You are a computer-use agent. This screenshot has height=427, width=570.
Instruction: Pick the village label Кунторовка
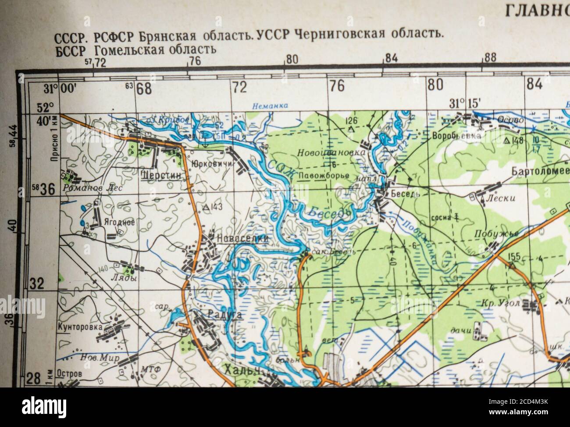click(x=80, y=327)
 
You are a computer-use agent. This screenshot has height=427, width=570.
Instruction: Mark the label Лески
click(x=506, y=198)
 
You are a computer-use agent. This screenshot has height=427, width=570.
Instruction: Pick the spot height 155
click(x=515, y=256)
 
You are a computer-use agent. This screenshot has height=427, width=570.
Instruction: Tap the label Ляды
click(x=124, y=278)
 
